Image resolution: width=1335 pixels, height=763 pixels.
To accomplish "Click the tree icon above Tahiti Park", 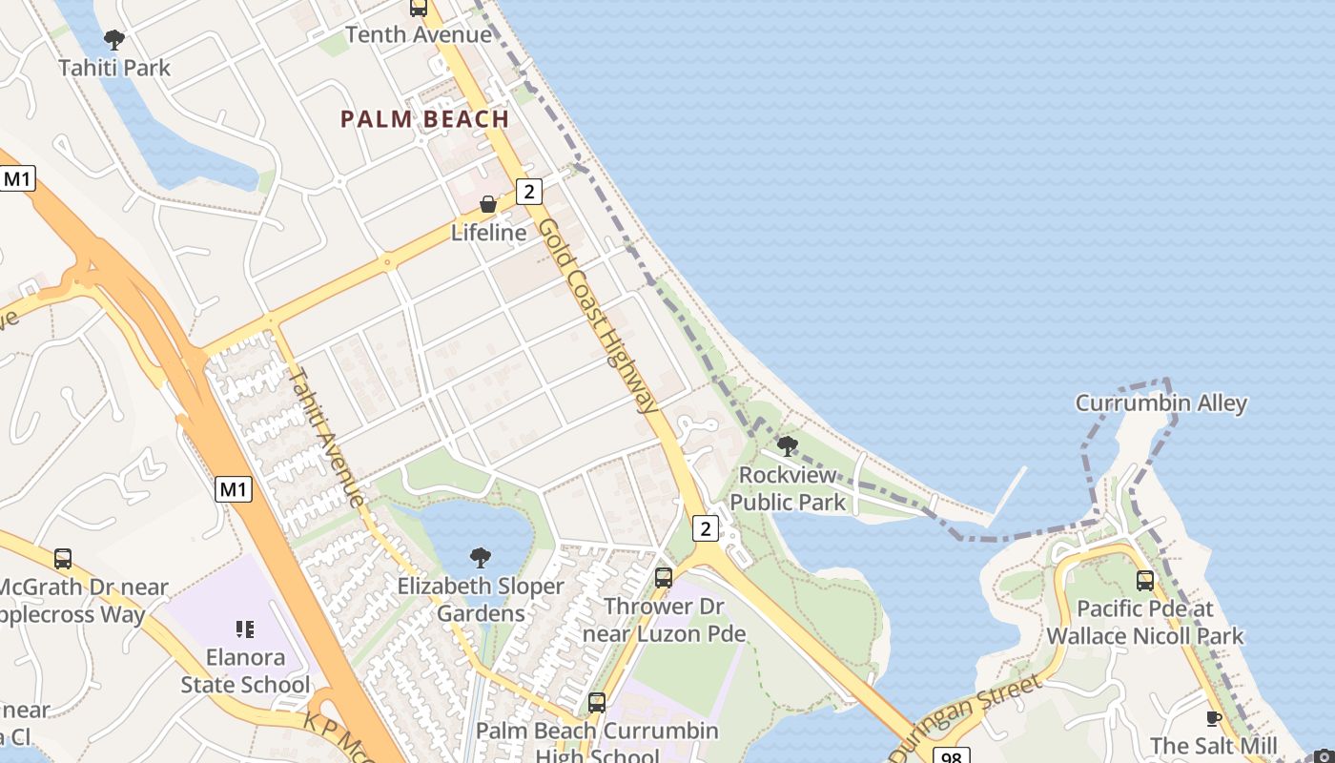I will click(114, 40).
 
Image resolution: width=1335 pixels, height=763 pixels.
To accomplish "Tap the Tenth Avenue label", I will click(419, 35).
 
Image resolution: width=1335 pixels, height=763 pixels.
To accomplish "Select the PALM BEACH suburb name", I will click(424, 119).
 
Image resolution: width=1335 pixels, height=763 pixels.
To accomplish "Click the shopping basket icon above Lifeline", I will click(487, 204).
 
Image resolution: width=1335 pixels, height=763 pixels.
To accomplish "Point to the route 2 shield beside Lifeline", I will click(529, 192).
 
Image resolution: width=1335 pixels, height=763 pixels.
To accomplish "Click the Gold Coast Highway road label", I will click(598, 316).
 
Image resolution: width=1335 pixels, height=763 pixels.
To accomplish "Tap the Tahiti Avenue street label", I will click(326, 437).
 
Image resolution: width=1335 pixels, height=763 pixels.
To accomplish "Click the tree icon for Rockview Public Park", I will click(788, 445).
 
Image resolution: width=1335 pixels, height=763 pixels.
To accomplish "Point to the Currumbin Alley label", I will click(1160, 403).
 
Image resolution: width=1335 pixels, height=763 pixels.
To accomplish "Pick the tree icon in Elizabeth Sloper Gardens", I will click(481, 558).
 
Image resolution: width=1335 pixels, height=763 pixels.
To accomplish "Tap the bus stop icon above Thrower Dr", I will click(664, 577).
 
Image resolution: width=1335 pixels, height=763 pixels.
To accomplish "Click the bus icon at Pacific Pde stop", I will click(1144, 580).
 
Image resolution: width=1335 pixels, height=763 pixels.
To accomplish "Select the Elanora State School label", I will click(245, 670).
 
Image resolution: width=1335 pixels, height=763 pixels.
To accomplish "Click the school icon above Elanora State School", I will click(245, 629).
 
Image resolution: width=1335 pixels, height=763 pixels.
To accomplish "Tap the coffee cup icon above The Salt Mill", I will click(1213, 718).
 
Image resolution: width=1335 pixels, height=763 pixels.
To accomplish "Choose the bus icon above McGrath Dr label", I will click(63, 559).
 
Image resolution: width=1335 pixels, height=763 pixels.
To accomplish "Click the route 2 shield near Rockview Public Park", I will click(705, 527).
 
